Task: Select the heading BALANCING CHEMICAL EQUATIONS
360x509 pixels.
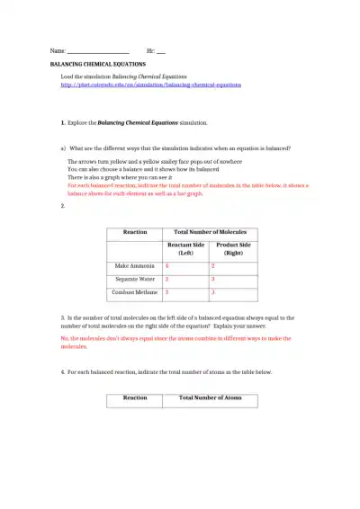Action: (x=97, y=66)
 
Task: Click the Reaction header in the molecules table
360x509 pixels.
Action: (x=135, y=232)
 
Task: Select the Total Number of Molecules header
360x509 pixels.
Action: (x=210, y=232)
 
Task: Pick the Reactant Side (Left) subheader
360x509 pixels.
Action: (x=185, y=249)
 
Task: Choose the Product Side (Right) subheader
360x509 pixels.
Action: (x=233, y=249)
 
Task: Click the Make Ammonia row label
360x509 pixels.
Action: (x=135, y=266)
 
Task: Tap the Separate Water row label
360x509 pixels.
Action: (x=135, y=280)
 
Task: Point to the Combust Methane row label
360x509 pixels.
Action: (x=135, y=292)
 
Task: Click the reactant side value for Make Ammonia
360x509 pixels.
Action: (x=167, y=266)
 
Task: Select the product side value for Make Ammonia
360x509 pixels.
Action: (x=213, y=266)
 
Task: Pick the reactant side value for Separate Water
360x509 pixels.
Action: (x=167, y=280)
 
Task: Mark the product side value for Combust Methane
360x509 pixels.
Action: (x=213, y=292)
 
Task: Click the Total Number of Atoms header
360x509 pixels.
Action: (x=210, y=397)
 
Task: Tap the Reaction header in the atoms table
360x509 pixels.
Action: (x=135, y=397)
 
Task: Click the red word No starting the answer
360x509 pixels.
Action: (x=64, y=338)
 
